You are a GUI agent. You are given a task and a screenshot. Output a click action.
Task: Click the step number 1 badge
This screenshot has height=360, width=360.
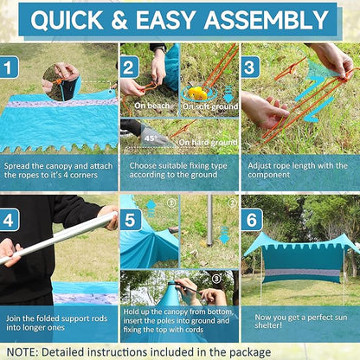(9, 67)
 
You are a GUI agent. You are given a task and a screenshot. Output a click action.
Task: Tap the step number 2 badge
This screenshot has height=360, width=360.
(130, 67)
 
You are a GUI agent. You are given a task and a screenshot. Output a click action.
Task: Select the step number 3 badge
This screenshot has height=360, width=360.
(250, 67)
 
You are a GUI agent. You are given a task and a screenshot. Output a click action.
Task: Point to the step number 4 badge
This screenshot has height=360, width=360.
(10, 220)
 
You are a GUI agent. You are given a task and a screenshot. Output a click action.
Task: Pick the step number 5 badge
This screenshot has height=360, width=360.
(131, 220)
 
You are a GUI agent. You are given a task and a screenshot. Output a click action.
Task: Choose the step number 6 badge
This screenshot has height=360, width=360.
(252, 220)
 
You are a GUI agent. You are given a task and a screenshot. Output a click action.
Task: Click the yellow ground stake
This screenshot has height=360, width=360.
(198, 93)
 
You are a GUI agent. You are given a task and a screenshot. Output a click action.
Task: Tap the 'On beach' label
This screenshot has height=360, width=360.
(151, 106)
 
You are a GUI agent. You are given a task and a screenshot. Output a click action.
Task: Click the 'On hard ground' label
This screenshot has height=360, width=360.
(208, 142)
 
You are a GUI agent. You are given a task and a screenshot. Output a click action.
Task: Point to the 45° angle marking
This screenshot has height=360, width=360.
(150, 138)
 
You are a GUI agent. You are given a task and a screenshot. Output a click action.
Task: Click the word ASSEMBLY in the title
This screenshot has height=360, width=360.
(267, 20)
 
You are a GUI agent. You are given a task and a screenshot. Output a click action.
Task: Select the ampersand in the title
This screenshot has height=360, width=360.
(119, 20)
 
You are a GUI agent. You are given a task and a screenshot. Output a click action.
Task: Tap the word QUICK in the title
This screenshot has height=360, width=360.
(67, 21)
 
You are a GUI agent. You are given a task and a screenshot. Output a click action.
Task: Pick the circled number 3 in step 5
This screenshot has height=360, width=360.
(216, 279)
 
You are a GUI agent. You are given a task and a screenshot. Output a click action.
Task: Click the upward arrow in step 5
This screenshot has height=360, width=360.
(151, 209)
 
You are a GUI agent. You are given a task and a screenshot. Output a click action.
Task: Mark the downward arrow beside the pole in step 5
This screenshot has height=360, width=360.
(224, 235)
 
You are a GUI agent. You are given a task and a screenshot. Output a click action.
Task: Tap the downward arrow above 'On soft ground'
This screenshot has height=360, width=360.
(228, 94)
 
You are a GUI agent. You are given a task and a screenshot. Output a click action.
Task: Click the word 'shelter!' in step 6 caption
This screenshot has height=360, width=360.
(268, 325)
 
